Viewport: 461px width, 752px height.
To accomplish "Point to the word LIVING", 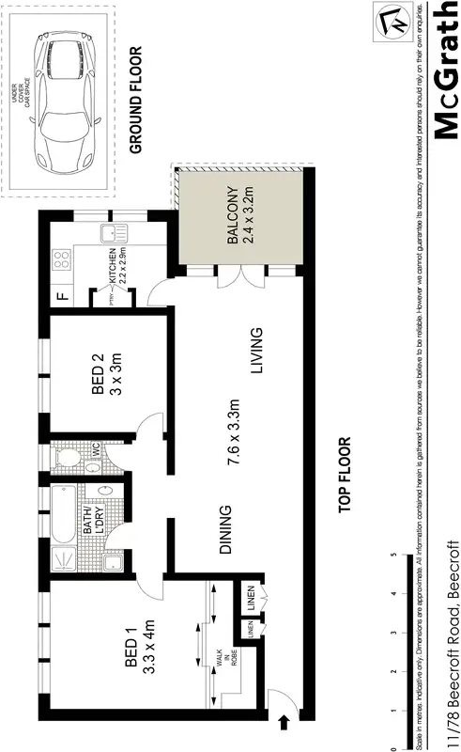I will [255, 350].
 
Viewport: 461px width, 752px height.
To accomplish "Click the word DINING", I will [226, 531].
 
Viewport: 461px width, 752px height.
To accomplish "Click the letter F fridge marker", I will [62, 299].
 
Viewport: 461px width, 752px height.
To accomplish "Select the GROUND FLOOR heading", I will [135, 101].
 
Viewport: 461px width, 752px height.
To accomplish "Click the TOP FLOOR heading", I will [345, 474].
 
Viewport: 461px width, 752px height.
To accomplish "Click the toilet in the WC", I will [68, 458].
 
